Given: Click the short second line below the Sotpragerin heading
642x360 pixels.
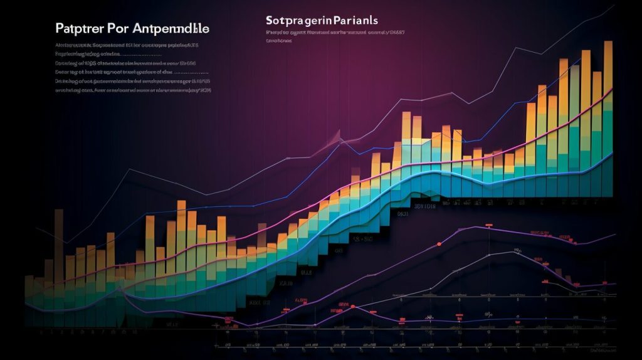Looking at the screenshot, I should pos(279,41).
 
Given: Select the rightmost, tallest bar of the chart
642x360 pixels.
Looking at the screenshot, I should pos(608,113).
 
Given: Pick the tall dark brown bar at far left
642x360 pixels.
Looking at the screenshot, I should pos(58,251).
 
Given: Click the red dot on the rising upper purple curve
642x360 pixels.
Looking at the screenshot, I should pos(439,243).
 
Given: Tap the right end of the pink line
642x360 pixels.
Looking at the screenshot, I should pos(612,89).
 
